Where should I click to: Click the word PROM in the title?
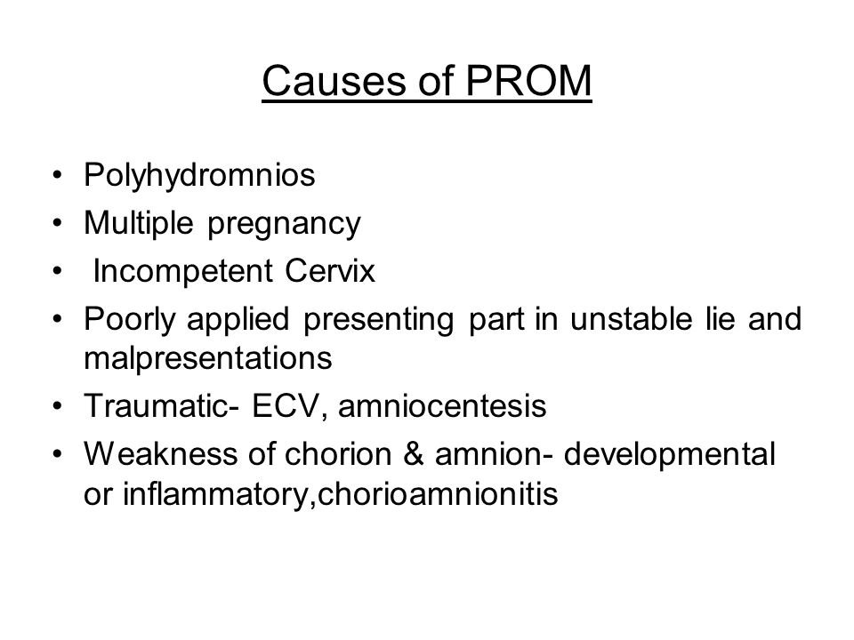click(528, 81)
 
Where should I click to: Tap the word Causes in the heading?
click(335, 81)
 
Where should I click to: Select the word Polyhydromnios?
click(199, 176)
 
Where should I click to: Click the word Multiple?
click(139, 224)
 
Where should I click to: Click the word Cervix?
click(330, 270)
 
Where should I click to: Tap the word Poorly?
click(130, 319)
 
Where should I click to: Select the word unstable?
click(632, 318)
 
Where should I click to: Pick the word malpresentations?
click(208, 358)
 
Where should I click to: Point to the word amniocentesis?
click(442, 406)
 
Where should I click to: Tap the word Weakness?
click(161, 454)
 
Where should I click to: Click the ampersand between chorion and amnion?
click(414, 454)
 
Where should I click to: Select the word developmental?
click(669, 455)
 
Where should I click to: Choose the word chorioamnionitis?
click(438, 494)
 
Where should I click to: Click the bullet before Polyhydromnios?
click(57, 176)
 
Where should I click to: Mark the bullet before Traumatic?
click(57, 406)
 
